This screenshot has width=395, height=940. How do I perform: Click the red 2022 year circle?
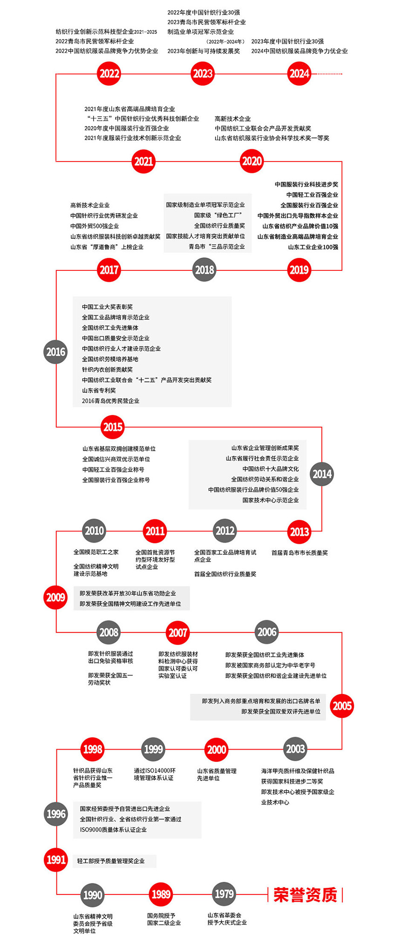(109, 74)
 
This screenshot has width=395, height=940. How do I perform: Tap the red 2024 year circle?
(300, 74)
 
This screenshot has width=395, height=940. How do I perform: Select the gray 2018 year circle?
(204, 270)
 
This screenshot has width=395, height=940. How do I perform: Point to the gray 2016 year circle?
(56, 352)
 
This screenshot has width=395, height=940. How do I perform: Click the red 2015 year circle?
(113, 427)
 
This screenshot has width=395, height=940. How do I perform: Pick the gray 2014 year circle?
(322, 474)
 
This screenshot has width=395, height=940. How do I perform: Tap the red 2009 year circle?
(56, 597)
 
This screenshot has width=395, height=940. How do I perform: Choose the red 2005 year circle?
(342, 706)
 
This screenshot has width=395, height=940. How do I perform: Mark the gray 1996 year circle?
(56, 814)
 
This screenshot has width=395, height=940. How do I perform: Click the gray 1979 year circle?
(224, 894)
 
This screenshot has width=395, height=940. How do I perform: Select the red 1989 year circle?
(161, 894)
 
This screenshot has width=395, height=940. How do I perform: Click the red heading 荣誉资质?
(305, 895)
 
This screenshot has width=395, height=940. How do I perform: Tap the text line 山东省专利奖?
(99, 390)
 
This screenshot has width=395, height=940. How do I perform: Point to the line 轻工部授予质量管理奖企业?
(111, 861)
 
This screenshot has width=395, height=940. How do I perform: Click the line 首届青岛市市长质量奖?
(300, 553)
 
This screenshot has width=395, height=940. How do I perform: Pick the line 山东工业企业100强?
(313, 247)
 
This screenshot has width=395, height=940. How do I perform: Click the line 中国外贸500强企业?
(95, 226)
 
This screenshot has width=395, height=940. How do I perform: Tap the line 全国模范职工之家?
(96, 552)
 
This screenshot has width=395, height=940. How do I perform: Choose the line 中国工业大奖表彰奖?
(107, 307)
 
